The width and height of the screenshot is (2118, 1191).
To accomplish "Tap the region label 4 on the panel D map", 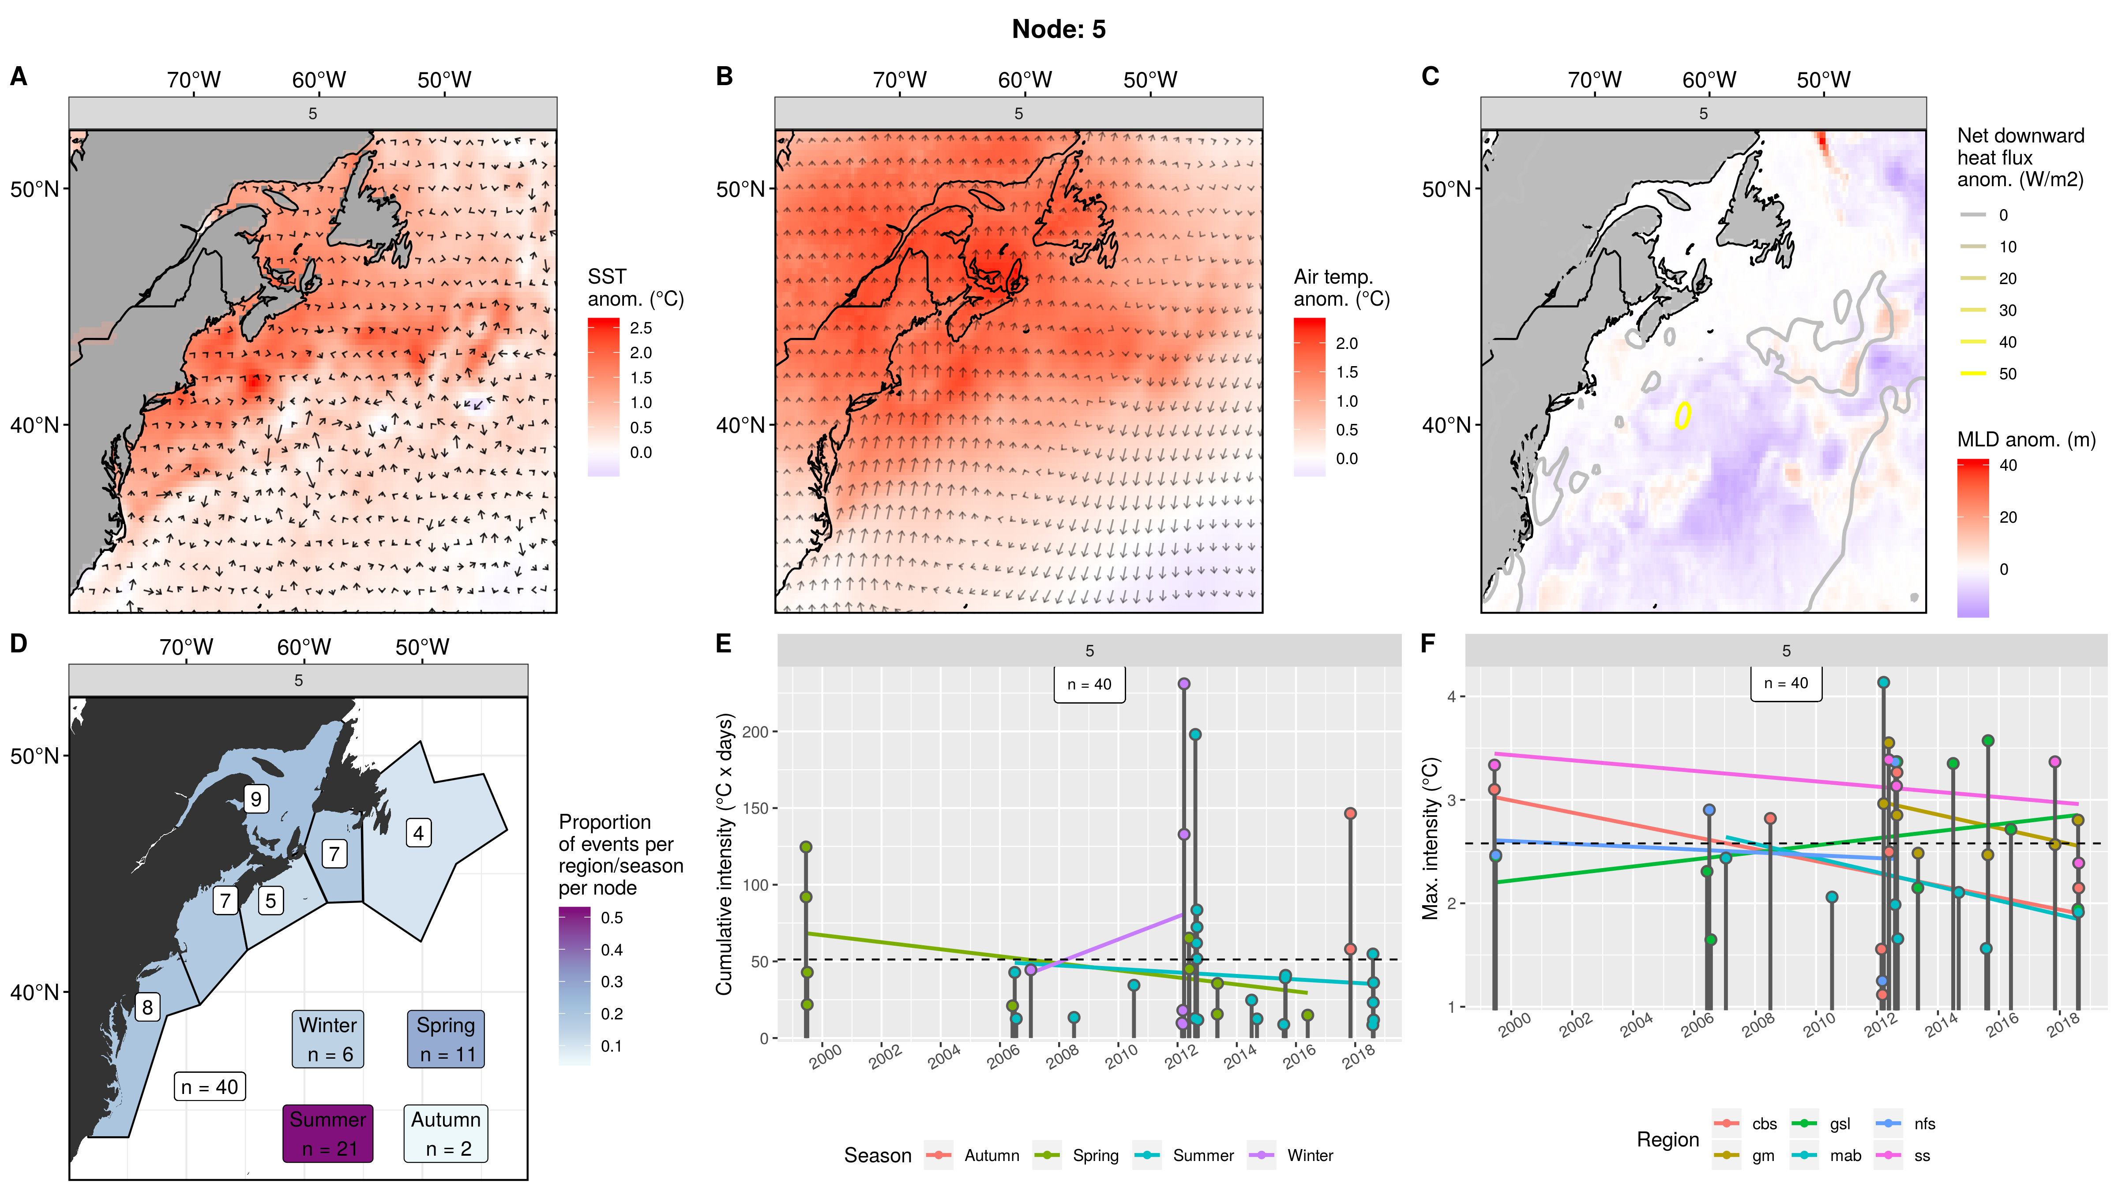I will click(x=418, y=833).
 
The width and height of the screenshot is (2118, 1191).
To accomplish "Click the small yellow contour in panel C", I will click(x=1683, y=415).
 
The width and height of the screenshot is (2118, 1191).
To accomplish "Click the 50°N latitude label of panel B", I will click(x=740, y=189).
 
